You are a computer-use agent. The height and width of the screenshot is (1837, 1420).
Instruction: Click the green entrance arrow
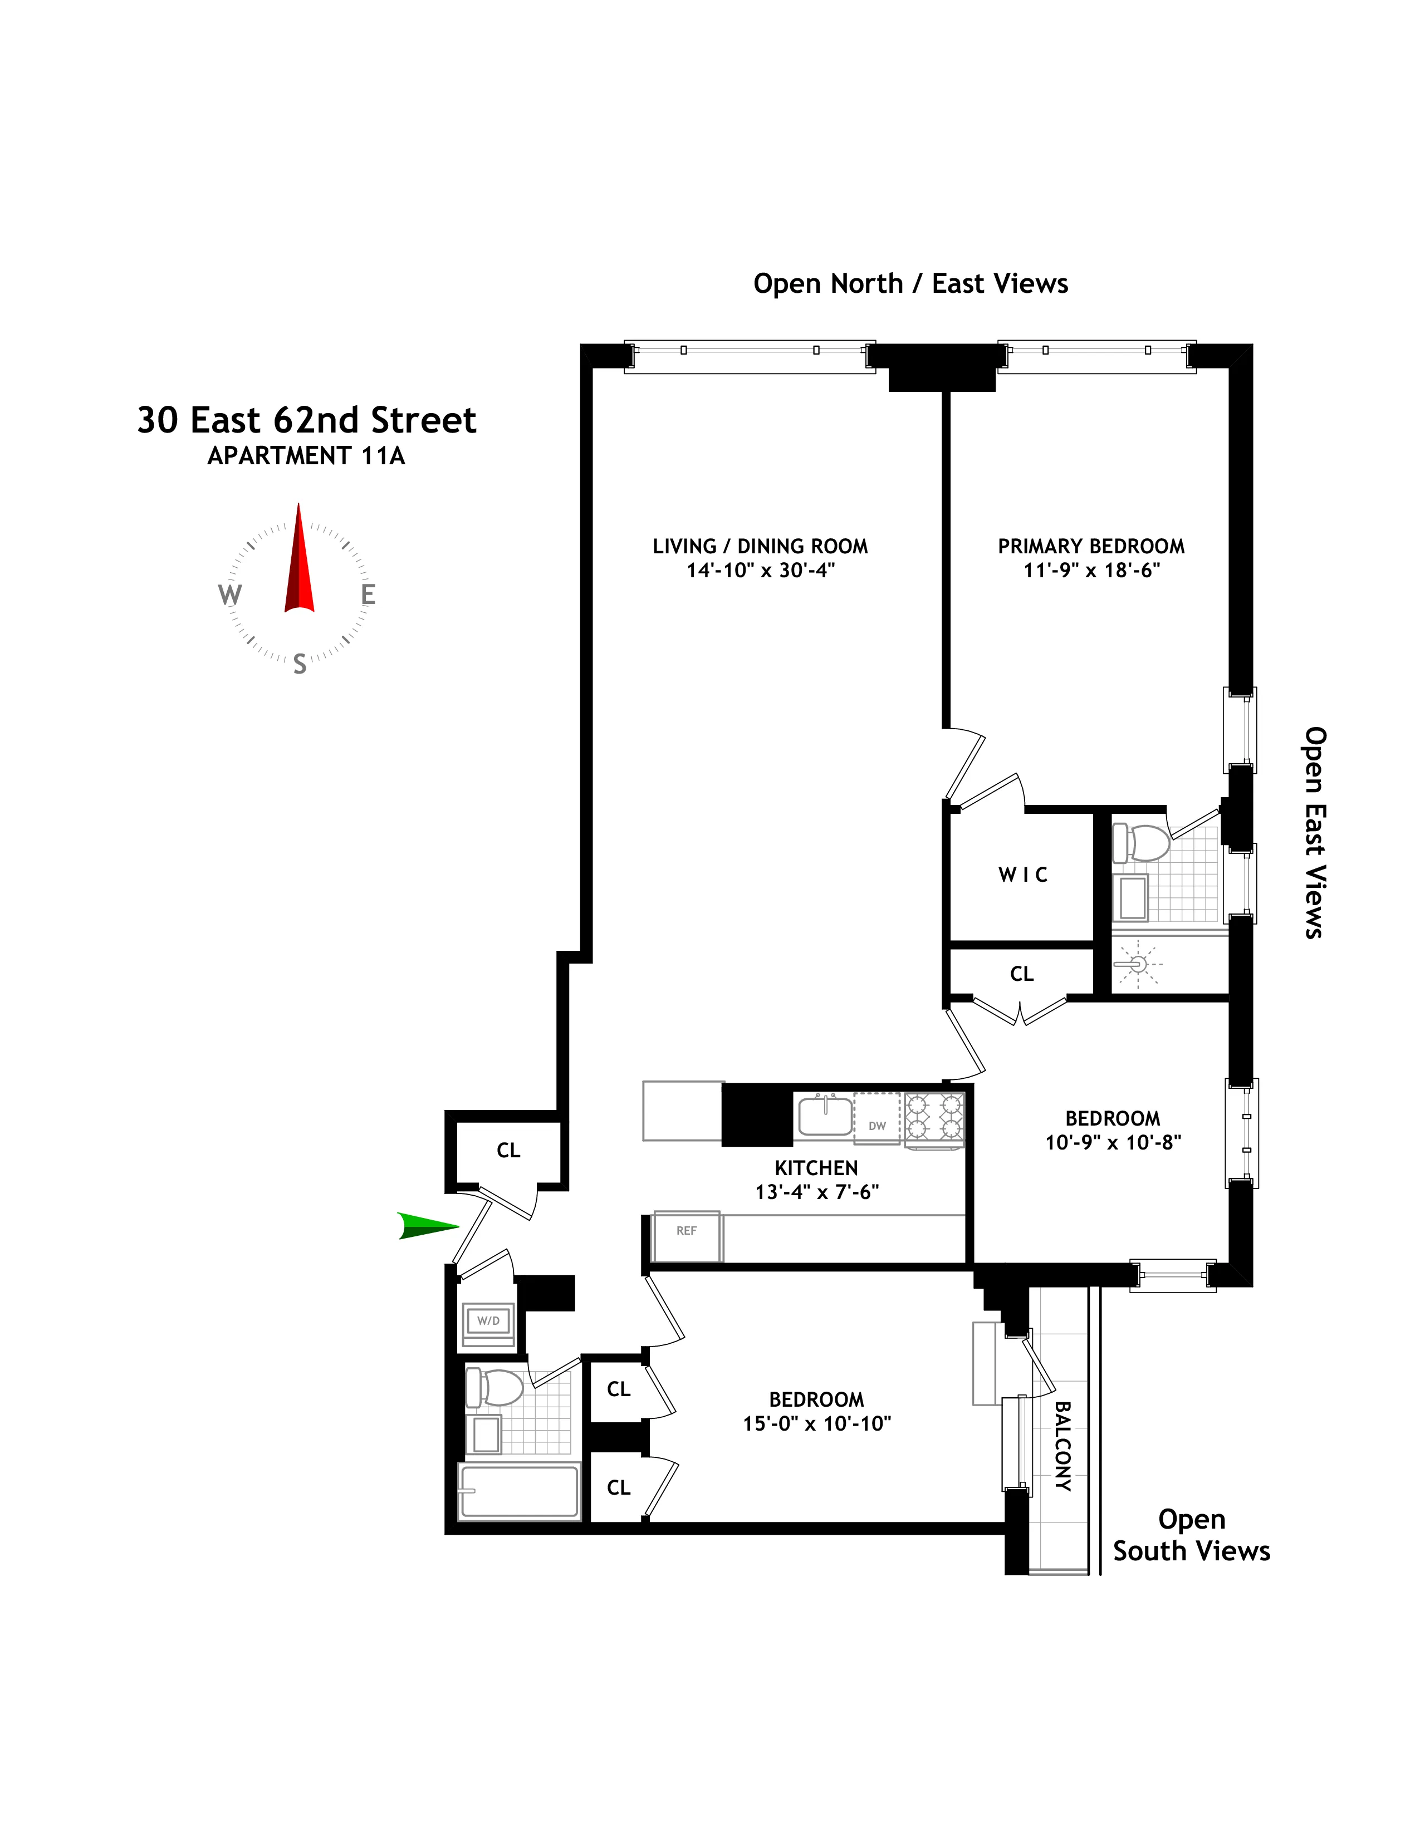427,1226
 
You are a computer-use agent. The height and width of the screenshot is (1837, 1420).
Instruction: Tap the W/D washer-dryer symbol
488,1320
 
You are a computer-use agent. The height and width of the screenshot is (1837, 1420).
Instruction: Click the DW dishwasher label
877,1126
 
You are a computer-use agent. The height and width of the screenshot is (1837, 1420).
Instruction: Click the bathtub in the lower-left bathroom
519,1491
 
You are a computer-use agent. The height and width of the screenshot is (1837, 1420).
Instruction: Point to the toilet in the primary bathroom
1142,843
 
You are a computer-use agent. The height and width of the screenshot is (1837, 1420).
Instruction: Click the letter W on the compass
229,595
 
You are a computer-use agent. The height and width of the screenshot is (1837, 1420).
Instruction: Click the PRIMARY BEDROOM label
1091,546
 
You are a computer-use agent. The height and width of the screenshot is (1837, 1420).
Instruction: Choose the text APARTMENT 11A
306,456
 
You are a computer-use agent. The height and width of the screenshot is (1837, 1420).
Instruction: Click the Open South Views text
1191,1535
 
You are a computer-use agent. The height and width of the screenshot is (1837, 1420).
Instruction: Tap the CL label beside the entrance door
508,1150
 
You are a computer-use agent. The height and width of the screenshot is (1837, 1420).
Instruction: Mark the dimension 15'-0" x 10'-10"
816,1423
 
